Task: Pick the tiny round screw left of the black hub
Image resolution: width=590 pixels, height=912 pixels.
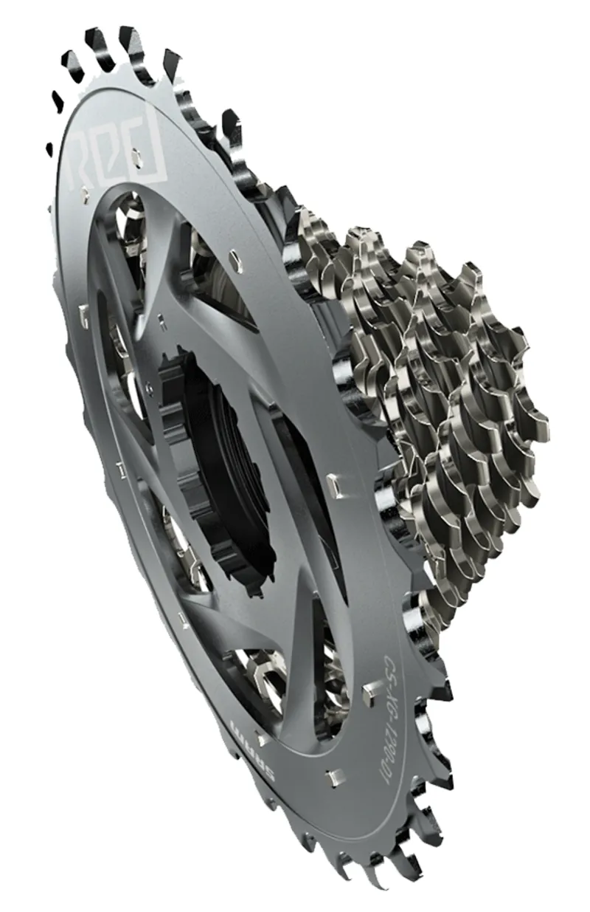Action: pyautogui.click(x=150, y=384)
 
